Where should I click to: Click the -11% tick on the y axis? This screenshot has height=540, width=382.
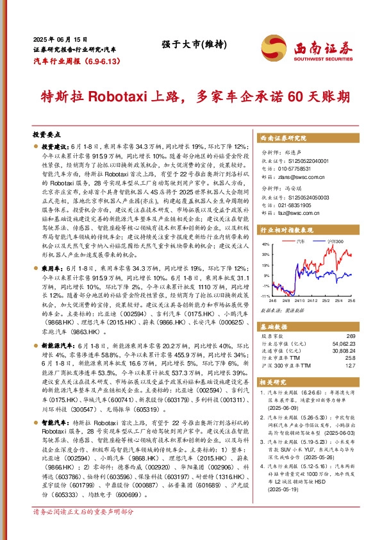click(x=265, y=296)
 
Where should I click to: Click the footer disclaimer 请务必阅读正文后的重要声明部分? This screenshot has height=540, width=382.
click(x=83, y=530)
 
